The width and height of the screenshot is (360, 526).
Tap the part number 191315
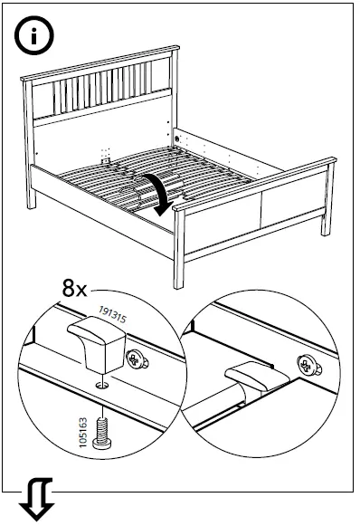coord(113,314)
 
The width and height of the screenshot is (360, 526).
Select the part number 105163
coord(83,432)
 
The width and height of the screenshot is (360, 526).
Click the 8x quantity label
coord(74,288)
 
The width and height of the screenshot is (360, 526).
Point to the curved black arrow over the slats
coord(161,191)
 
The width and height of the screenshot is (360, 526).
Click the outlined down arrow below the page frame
coord(37,499)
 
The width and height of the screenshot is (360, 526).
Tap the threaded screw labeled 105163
coord(102,433)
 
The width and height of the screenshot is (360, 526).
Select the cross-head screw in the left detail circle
coord(137,359)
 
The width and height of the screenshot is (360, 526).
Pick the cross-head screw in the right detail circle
coord(308,366)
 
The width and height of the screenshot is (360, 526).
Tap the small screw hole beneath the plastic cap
coord(102,385)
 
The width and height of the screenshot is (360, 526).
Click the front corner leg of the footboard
coord(179,249)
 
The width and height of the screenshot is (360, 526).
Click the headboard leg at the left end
coord(29,144)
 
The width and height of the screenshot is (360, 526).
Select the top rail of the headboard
coord(99,63)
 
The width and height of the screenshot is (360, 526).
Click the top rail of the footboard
coord(255,184)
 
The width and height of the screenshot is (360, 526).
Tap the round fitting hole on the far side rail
coord(176,139)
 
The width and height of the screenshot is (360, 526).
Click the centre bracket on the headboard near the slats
coord(106,160)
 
